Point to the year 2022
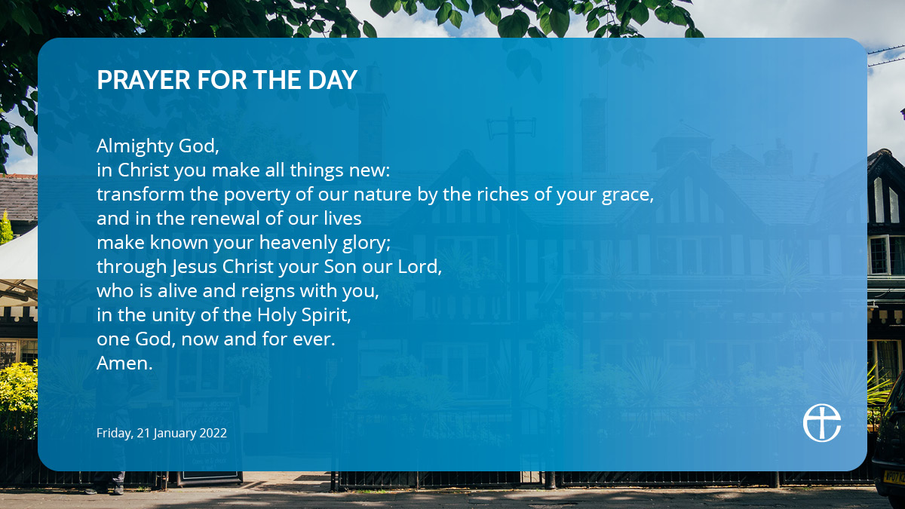pos(213,433)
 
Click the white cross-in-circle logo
pos(822,423)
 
